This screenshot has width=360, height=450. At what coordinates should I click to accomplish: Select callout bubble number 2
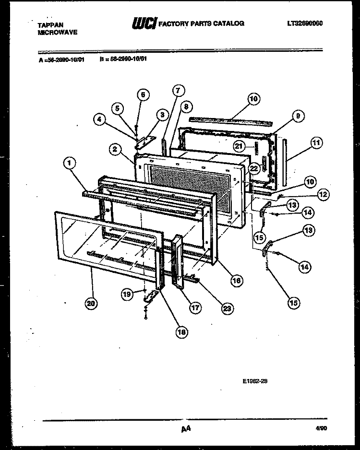[x=114, y=149]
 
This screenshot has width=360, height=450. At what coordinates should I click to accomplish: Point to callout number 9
[x=298, y=116]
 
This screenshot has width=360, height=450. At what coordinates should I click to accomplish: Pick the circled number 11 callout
[x=316, y=142]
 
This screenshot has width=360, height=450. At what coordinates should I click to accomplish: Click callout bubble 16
[x=235, y=281]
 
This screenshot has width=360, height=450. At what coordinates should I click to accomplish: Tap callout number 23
[x=227, y=308]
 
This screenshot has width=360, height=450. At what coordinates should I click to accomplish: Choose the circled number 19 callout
[x=127, y=296]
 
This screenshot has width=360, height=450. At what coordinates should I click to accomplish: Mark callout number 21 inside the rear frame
[x=240, y=146]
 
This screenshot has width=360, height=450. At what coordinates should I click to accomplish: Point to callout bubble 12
[x=323, y=194]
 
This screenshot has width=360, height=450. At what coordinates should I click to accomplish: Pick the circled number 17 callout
[x=195, y=308]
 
